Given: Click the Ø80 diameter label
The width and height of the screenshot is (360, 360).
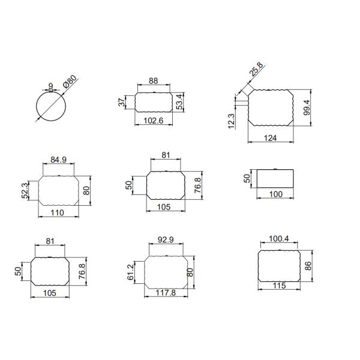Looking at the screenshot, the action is click(x=70, y=82).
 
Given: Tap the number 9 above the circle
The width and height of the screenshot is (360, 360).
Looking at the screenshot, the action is click(x=51, y=86).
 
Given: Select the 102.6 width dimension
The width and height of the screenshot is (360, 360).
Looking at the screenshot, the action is click(x=154, y=121).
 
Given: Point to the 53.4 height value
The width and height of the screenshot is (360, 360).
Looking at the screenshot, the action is click(x=180, y=102).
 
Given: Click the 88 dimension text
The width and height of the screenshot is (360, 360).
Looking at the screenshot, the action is click(x=154, y=81).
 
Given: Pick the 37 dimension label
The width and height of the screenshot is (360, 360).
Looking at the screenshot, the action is click(x=123, y=102).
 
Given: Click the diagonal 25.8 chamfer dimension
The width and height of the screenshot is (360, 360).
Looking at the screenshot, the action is click(x=256, y=69).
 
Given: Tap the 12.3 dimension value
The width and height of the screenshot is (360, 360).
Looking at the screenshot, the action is click(x=231, y=121).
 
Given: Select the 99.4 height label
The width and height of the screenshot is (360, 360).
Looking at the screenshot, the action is click(x=307, y=107).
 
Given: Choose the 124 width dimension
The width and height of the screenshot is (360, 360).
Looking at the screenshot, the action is click(x=270, y=138).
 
